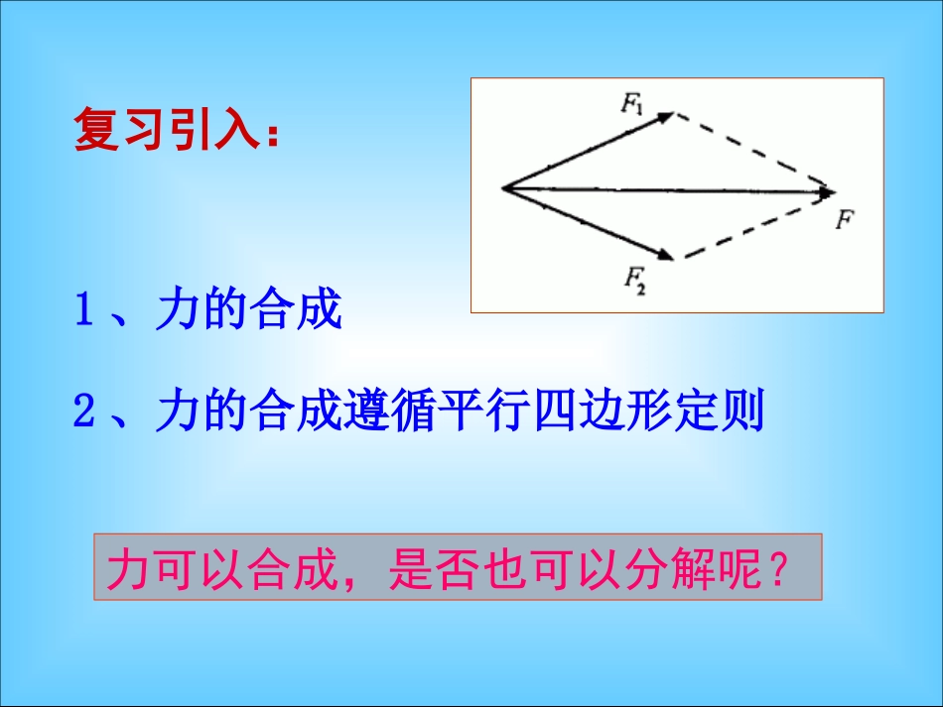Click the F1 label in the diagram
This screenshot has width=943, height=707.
[x=632, y=103]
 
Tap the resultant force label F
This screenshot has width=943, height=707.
[x=844, y=219]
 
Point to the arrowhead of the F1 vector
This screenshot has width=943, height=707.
[x=667, y=115]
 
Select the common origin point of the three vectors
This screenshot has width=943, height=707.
[x=503, y=186]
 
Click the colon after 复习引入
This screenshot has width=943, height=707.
[x=271, y=135]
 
